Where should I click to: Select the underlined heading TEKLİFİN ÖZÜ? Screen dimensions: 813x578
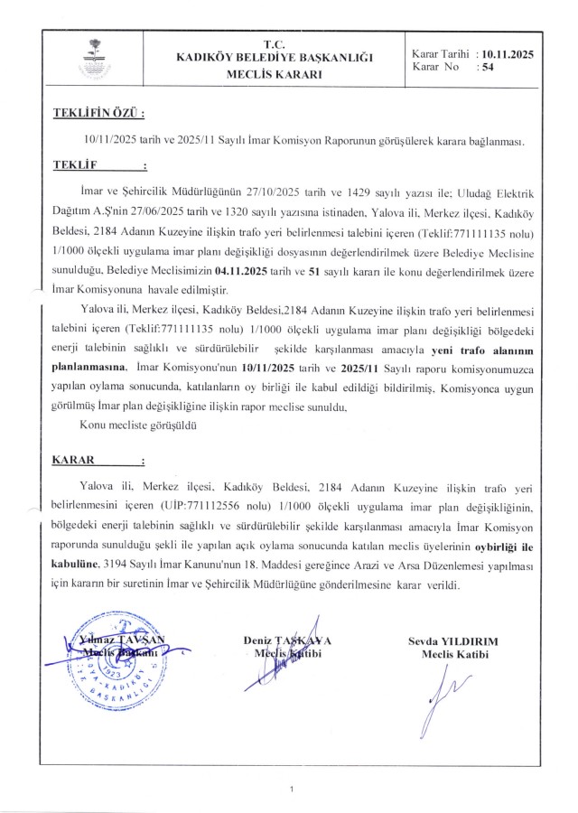98,115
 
